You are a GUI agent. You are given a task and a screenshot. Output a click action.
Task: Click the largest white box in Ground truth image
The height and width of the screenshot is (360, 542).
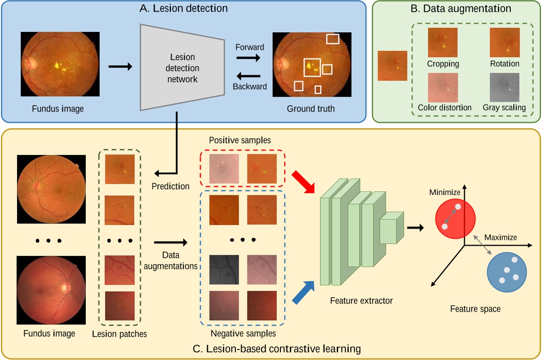click(x=312, y=67)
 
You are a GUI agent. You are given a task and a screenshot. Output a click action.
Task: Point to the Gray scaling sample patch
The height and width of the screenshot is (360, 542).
click(x=505, y=87)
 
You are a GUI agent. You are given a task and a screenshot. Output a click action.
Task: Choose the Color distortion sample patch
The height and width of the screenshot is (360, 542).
click(x=443, y=87)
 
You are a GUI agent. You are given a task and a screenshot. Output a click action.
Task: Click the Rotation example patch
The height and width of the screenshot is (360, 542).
click(x=505, y=42)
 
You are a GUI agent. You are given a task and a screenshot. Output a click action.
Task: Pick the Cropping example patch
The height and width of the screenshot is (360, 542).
click(x=443, y=42)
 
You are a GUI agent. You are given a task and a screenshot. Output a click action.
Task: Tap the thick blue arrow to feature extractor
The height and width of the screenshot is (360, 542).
click(x=304, y=293)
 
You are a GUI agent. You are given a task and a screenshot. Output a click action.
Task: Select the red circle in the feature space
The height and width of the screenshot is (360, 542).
click(x=455, y=218)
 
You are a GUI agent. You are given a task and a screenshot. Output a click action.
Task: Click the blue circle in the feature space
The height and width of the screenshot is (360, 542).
click(x=507, y=272)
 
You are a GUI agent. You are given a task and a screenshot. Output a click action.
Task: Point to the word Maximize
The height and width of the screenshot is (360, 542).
click(x=500, y=238)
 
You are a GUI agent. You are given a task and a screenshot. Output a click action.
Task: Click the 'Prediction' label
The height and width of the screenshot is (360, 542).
click(x=171, y=187)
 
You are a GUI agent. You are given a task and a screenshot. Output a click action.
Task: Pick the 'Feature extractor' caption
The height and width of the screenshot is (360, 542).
click(x=361, y=301)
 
